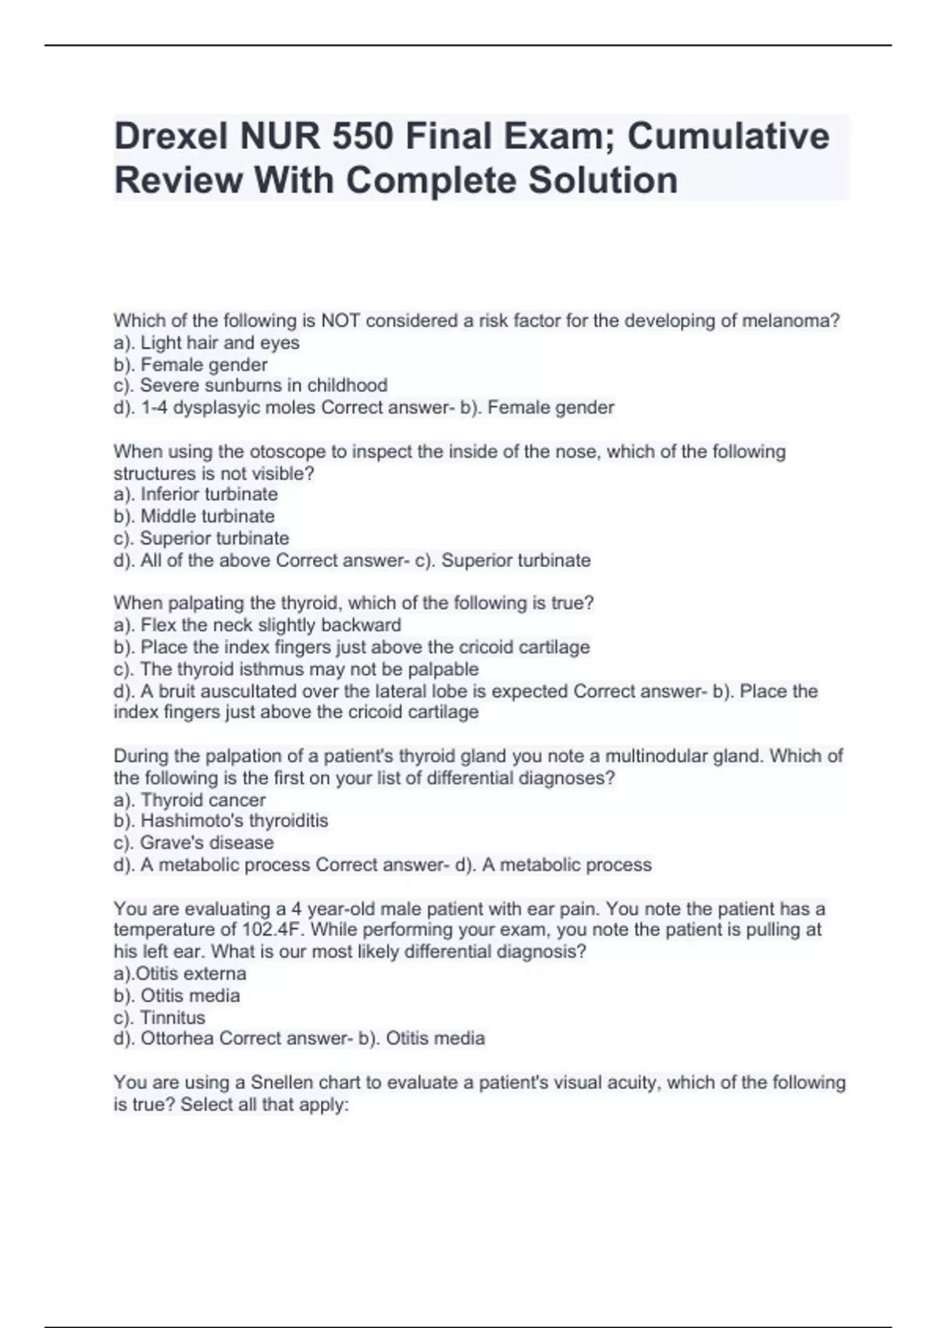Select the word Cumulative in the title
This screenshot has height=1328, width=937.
click(728, 137)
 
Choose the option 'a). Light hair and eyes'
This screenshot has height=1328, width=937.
click(206, 343)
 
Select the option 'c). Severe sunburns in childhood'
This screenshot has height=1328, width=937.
click(250, 385)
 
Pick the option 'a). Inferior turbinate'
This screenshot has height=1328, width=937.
click(195, 494)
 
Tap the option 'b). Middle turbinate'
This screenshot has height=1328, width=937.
click(194, 516)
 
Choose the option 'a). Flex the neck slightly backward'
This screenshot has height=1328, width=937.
click(257, 625)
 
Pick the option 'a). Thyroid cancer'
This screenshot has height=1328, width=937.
click(189, 800)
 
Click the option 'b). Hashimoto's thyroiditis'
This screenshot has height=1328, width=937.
click(220, 821)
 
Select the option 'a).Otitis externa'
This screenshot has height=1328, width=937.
click(180, 974)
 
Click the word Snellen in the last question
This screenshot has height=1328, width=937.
click(281, 1083)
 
